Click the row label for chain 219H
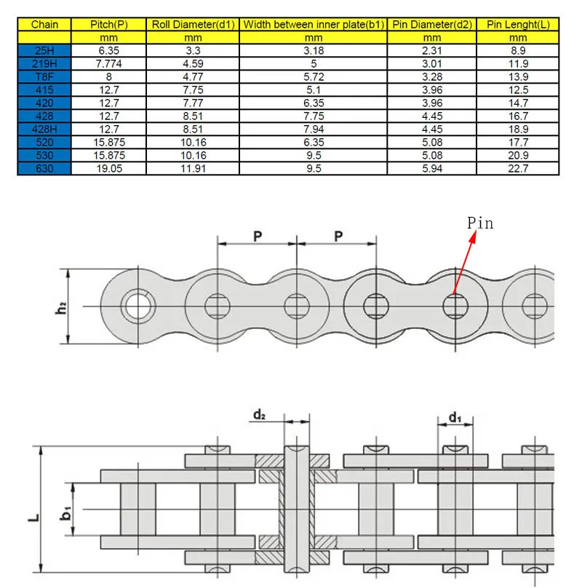click(x=45, y=63)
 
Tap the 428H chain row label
click(x=45, y=128)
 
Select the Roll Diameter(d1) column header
click(x=192, y=24)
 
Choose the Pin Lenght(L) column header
click(x=518, y=24)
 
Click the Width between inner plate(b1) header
click(x=314, y=24)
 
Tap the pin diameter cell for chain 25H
click(x=431, y=52)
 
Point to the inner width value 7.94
click(x=314, y=128)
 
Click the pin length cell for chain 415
click(x=518, y=90)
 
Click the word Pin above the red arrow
click(x=480, y=223)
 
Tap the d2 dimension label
click(x=259, y=415)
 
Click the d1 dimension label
click(x=455, y=417)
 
